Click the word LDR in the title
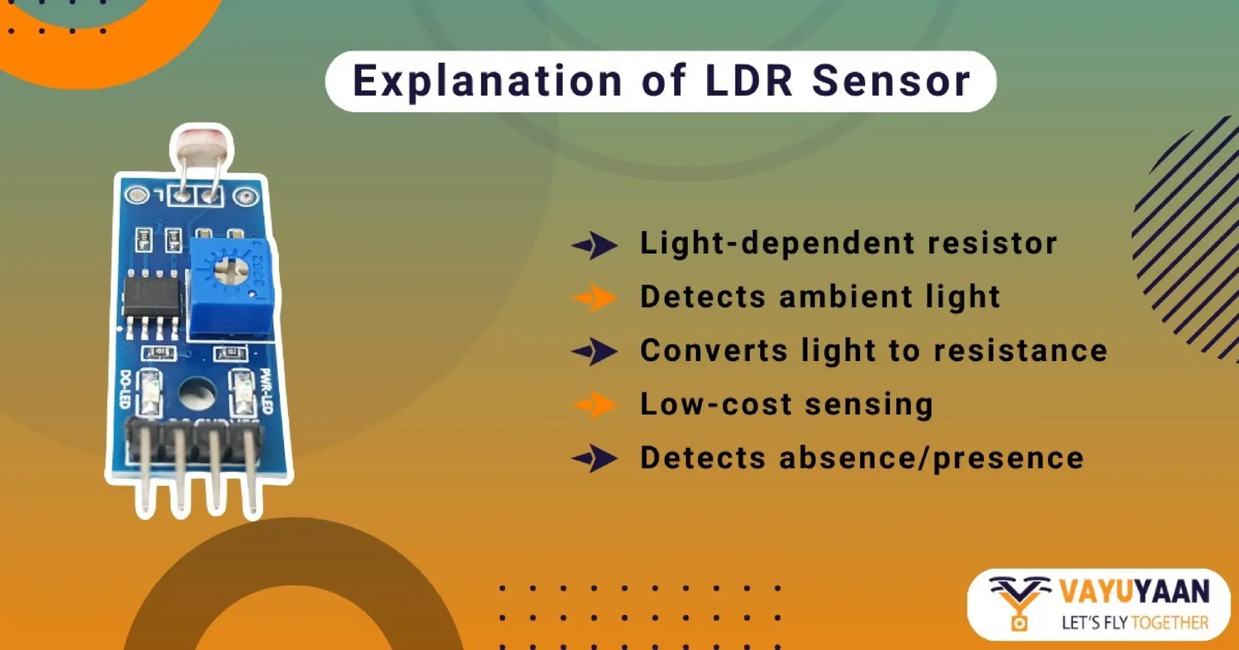tap(749, 81)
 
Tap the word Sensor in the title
tap(891, 81)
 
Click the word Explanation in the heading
tap(488, 81)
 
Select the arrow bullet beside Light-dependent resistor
tap(595, 245)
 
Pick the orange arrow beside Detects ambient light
tap(595, 297)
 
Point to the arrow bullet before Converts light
tap(595, 351)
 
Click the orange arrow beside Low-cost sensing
tap(595, 405)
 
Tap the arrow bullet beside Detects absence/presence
tap(595, 458)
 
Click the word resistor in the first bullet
tap(992, 243)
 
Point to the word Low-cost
tap(716, 404)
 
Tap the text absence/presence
tap(931, 458)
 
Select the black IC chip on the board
tap(152, 297)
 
